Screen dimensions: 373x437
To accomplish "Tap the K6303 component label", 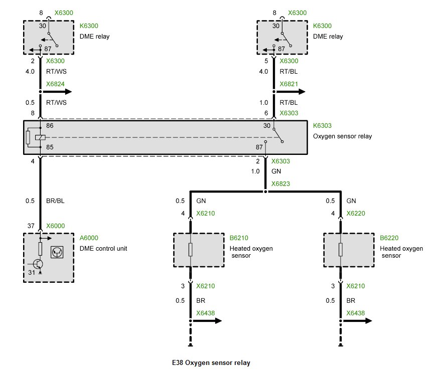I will click(x=323, y=126).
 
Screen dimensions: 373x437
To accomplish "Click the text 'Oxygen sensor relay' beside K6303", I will click(x=342, y=136).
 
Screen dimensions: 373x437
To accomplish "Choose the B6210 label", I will click(x=239, y=239).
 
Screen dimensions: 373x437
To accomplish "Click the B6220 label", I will click(x=389, y=239).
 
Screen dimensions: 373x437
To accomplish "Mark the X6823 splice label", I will click(x=280, y=184).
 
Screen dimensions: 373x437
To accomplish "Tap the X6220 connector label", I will click(x=356, y=213).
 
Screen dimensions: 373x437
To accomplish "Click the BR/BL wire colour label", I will click(x=55, y=201).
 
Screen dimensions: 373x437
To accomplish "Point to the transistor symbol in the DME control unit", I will click(x=37, y=264).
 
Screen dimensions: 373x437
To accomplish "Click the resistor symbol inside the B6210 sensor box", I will click(x=190, y=250).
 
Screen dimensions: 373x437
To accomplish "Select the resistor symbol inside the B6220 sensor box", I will click(x=341, y=250).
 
